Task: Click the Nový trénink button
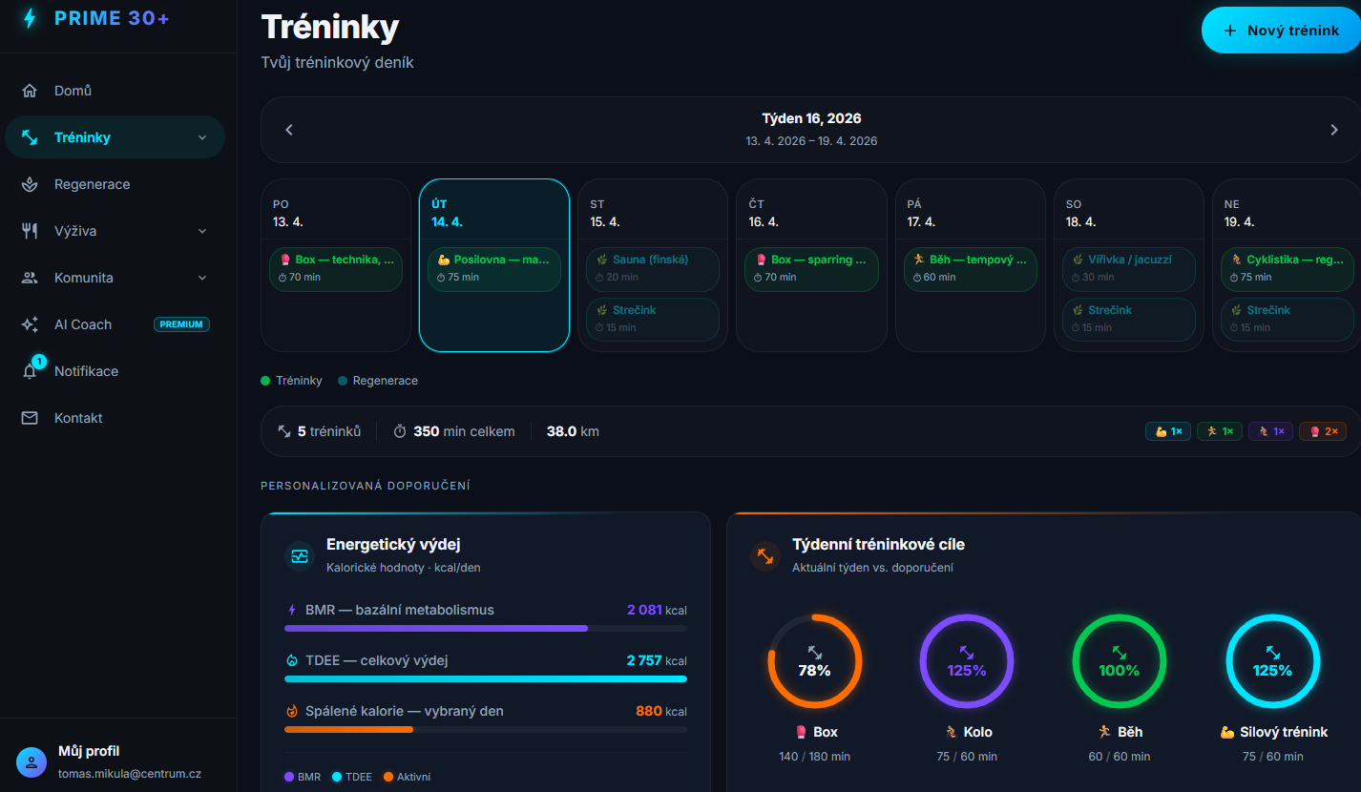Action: (1281, 31)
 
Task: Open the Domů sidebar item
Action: (73, 91)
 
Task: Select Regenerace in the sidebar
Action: (92, 184)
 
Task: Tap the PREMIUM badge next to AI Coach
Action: (181, 324)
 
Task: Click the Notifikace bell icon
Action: (30, 371)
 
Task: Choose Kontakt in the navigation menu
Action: (78, 418)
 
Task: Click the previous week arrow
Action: (289, 130)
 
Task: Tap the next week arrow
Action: (1333, 130)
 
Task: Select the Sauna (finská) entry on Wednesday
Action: (652, 268)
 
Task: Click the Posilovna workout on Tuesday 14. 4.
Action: (493, 268)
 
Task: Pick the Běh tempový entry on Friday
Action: (969, 268)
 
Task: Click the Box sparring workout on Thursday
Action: (810, 268)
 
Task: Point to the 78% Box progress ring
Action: (814, 661)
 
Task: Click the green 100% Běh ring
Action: (1120, 661)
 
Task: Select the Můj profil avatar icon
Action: (31, 762)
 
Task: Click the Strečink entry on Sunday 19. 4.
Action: (1286, 319)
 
